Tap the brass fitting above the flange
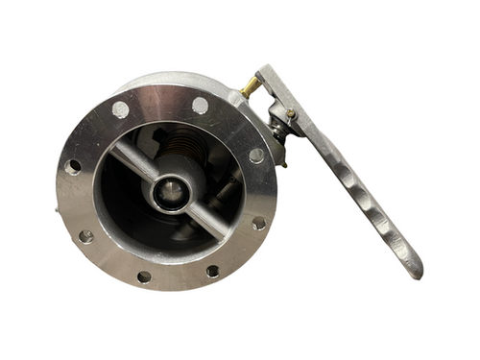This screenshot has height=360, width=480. (250, 88)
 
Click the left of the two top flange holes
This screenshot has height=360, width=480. (121, 109)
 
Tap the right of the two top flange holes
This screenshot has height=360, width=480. (200, 105)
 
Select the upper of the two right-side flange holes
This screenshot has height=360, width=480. (256, 156)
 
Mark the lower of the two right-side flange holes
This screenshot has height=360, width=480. (258, 223)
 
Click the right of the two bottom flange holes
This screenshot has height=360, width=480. (212, 272)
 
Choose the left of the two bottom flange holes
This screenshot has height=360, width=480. (144, 276)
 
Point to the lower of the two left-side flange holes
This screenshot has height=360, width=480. (85, 235)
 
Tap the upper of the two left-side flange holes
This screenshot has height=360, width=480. (73, 167)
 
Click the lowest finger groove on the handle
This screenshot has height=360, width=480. (389, 228)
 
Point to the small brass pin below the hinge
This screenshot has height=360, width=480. (281, 164)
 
